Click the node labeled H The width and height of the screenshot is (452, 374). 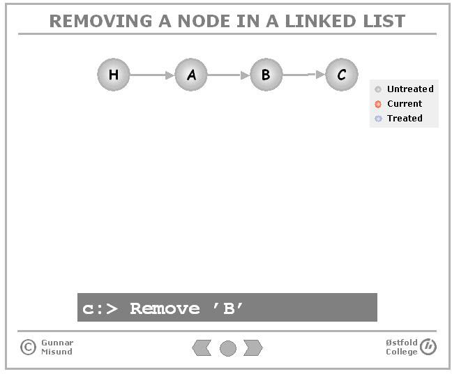114,75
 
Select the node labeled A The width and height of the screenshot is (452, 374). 191,75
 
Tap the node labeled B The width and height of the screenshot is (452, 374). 266,75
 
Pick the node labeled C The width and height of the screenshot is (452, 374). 342,75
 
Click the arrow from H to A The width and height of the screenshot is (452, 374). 152,75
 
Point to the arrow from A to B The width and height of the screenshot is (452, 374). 229,75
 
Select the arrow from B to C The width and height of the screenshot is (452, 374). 304,75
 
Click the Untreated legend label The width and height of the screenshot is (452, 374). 410,89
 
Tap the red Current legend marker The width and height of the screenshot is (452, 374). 378,104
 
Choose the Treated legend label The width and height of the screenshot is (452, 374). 405,118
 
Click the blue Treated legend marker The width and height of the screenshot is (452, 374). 378,119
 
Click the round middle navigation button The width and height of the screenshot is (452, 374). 228,348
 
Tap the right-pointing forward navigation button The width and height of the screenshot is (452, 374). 253,347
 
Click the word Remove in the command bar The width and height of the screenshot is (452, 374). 165,308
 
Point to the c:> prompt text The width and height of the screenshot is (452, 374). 100,309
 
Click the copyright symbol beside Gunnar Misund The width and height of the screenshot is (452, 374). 28,347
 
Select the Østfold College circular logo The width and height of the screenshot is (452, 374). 428,347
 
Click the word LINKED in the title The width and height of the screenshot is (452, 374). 319,21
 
